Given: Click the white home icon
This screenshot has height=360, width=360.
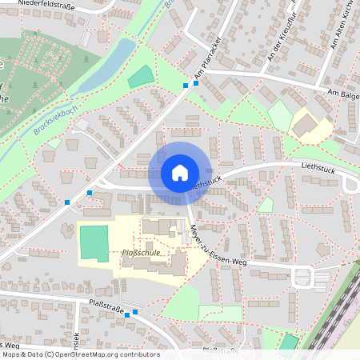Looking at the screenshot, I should point(179,173).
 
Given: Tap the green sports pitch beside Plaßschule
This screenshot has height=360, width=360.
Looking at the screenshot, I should point(93,242).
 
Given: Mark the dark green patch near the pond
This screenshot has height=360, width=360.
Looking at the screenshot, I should point(140,78).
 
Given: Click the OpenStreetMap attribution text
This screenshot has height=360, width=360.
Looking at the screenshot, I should point(80,354).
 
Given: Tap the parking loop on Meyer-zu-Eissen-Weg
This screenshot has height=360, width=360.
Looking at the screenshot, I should point(302,278).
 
